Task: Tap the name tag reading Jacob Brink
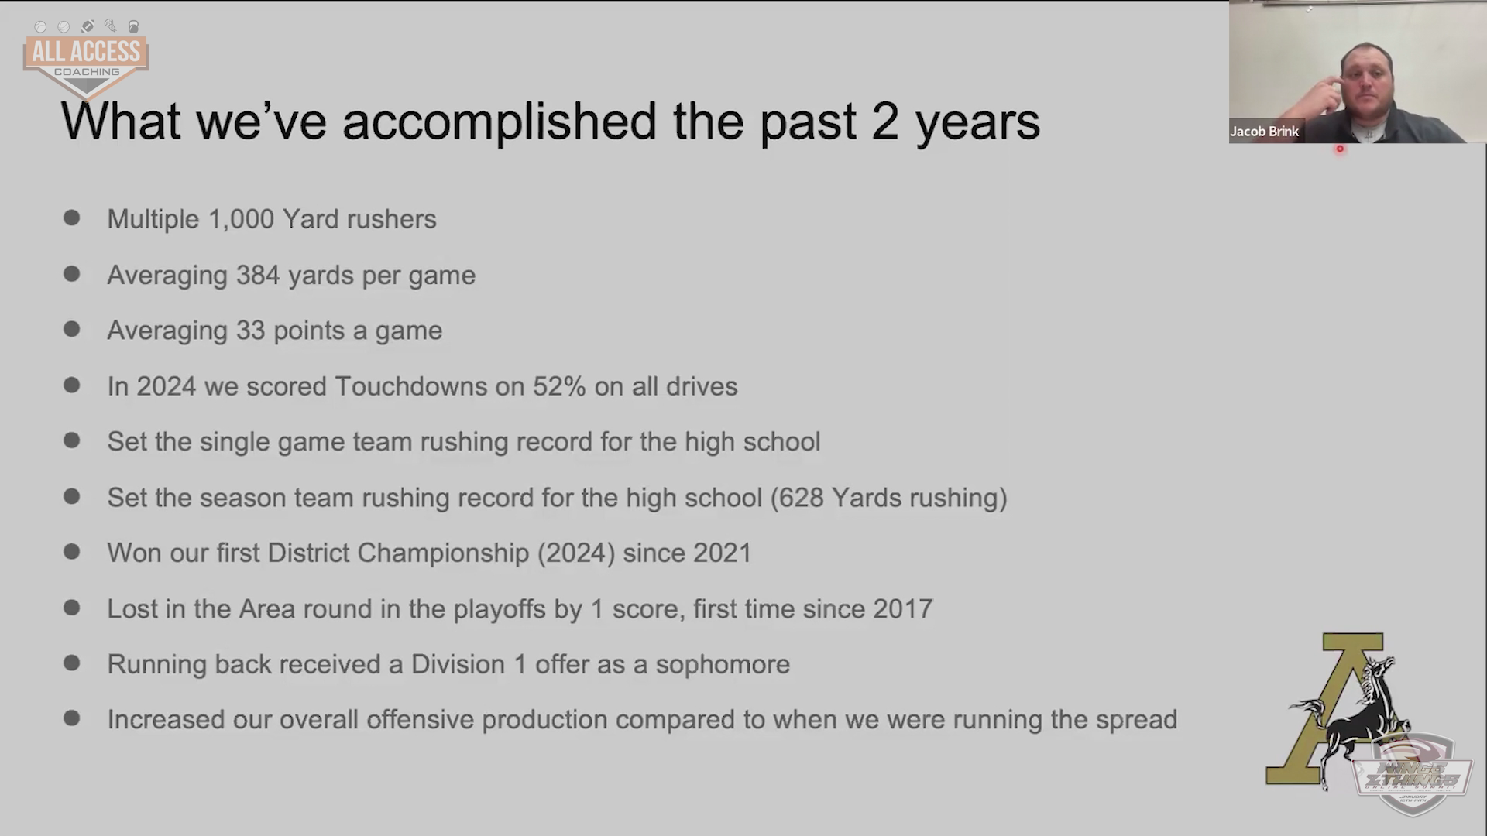[x=1264, y=132]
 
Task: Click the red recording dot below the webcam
[x=1340, y=149]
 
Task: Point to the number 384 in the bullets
[x=258, y=275]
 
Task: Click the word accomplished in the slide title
[x=500, y=122]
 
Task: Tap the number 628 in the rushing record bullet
[x=802, y=498]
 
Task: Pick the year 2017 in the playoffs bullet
[x=903, y=609]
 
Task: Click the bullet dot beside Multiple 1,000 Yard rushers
[x=72, y=218]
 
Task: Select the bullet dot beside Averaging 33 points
[x=72, y=329]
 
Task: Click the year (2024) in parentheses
[x=576, y=553]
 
